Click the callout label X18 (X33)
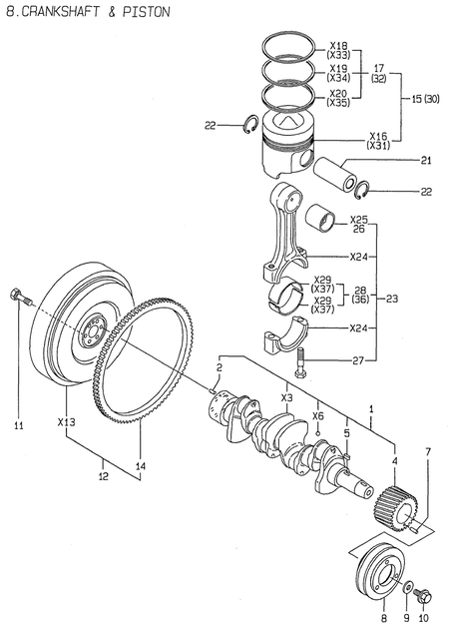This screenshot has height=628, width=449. pos(338,52)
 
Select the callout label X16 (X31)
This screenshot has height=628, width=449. pos(378,140)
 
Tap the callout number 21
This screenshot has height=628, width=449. pos(425,161)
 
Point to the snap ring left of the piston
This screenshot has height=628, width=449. pos(253,124)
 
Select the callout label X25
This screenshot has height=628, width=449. pos(360,219)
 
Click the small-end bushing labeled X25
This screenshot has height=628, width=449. pos(324,215)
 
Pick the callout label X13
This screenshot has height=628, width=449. pos(67,421)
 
